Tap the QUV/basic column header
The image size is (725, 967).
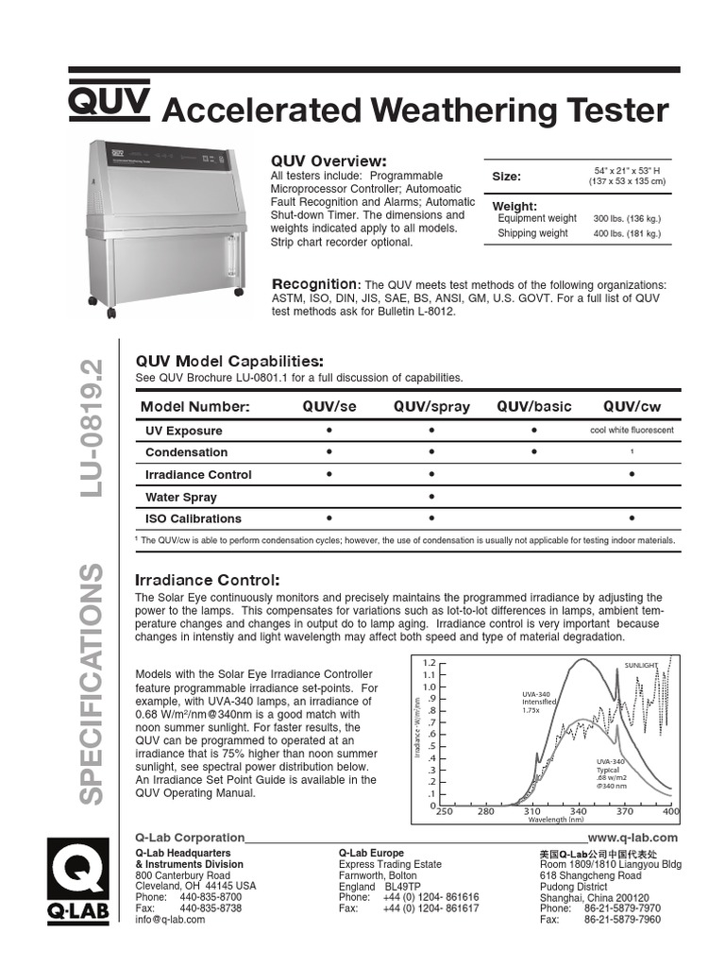click(534, 406)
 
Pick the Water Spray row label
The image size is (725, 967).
click(180, 497)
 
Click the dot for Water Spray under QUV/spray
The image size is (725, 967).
click(431, 497)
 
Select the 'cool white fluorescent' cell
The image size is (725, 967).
click(632, 431)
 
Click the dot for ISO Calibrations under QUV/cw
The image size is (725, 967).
click(632, 518)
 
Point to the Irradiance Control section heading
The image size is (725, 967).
click(208, 579)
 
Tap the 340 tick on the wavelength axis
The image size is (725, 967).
click(579, 811)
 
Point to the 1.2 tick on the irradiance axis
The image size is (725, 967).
click(430, 663)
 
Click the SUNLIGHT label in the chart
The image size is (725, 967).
click(641, 665)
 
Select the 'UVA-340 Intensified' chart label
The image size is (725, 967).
click(537, 701)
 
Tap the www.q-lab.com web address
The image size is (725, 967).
click(632, 838)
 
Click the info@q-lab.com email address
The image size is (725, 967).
click(170, 919)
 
